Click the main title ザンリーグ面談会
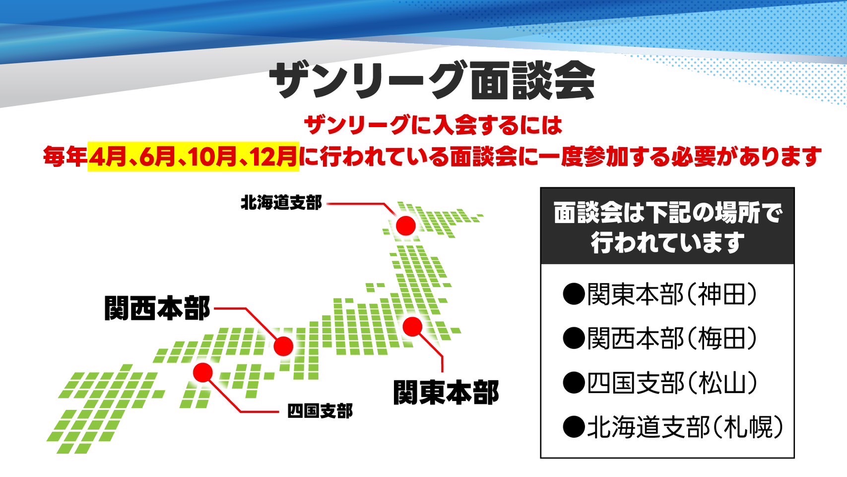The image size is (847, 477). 432,81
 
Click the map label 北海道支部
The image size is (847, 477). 281,203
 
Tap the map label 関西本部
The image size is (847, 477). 157,308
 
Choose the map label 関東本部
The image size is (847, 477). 446,392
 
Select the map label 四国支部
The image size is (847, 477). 320,411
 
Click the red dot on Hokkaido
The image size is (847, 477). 406,226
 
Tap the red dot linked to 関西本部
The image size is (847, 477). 284,346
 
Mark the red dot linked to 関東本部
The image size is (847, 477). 412,326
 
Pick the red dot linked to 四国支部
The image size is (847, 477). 202,373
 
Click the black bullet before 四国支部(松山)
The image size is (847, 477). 574,383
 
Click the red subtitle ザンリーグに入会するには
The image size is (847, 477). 433,125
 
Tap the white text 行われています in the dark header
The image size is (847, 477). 668,242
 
